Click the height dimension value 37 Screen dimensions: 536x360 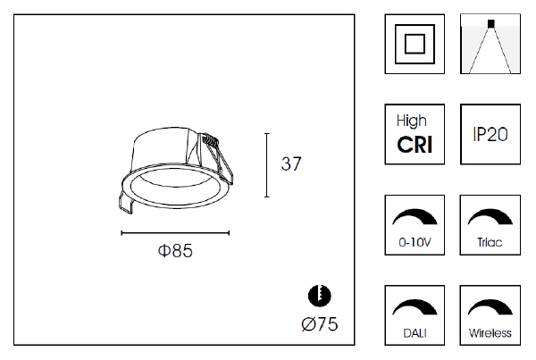coord(291,163)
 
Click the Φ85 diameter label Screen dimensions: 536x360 coord(175,251)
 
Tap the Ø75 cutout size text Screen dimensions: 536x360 coord(320,324)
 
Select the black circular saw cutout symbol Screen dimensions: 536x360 coord(320,296)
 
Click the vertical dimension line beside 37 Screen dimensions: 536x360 coord(267,165)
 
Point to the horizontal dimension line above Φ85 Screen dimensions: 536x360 coord(175,233)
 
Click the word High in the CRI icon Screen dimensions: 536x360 coord(412,121)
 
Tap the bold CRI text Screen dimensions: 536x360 coord(415,145)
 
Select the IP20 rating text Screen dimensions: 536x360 coord(490,134)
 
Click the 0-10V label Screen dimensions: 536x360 coord(415,242)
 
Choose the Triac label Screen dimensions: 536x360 coord(490,242)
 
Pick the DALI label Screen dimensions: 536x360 coord(415,333)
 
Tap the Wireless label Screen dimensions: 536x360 coord(490,333)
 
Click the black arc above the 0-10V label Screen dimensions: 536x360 coord(415,217)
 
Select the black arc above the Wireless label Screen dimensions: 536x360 coord(490,307)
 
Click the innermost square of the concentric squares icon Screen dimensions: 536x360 coord(415,44)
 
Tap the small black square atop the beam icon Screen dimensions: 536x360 coord(490,23)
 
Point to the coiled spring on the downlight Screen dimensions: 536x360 coord(209,139)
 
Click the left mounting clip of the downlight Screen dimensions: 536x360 coord(125,202)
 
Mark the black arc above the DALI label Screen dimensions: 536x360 coord(415,307)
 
